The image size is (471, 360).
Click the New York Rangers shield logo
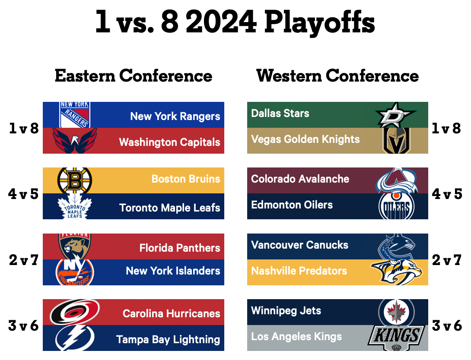tap(75, 114)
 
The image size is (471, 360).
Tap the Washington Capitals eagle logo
tap(75, 140)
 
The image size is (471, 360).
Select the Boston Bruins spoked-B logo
tap(75, 180)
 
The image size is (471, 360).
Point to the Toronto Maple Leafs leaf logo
tap(75, 206)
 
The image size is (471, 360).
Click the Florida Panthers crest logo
tap(75, 246)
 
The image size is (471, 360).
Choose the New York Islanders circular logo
tap(75, 272)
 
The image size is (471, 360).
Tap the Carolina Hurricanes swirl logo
tap(75, 312)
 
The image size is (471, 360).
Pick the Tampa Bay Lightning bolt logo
tap(75, 338)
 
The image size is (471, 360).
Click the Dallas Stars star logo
tap(396, 115)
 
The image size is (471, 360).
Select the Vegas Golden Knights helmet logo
tap(397, 141)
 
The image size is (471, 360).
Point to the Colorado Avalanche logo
tap(397, 180)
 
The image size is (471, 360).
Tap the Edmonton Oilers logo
tap(397, 206)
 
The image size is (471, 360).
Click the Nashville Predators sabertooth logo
tap(397, 272)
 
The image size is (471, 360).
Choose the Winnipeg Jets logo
tap(397, 312)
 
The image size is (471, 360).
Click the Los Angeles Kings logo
tap(397, 338)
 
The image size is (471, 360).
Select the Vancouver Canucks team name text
tap(299, 245)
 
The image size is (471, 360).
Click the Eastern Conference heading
tap(134, 76)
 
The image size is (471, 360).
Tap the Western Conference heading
tap(337, 76)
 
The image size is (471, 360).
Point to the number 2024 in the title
tap(221, 22)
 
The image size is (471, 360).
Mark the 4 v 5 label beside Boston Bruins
tap(23, 194)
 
